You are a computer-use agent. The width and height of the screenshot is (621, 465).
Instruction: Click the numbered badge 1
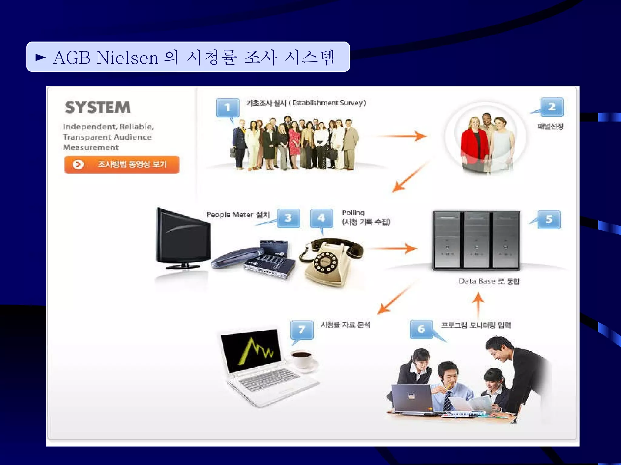227,107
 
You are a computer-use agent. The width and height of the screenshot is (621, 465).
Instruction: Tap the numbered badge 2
552,107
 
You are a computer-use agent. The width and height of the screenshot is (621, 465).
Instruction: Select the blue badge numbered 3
288,218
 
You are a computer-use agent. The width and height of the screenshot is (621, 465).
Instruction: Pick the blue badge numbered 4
321,218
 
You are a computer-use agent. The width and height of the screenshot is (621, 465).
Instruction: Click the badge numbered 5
549,219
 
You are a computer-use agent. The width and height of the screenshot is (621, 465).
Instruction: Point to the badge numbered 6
421,329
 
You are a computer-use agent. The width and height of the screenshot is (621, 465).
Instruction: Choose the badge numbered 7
302,330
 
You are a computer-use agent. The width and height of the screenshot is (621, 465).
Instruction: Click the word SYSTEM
98,107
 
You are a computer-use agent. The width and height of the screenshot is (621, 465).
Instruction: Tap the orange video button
122,164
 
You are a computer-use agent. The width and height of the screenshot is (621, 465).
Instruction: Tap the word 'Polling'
353,213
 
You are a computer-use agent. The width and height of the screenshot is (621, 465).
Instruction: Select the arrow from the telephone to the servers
393,249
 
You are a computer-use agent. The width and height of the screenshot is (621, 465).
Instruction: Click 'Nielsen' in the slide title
127,57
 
